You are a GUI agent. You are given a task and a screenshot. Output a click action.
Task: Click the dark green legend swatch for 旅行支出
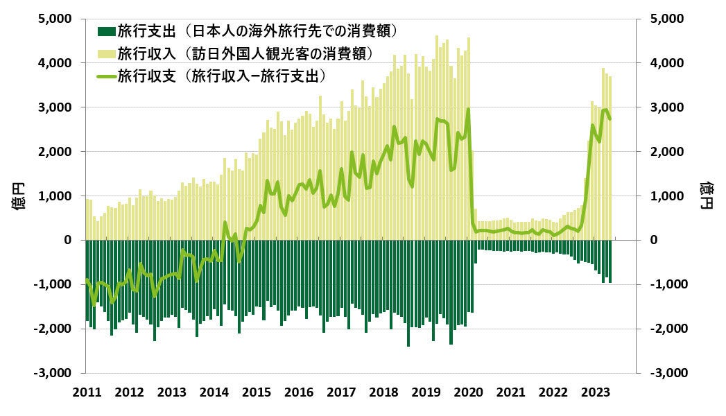click(106, 31)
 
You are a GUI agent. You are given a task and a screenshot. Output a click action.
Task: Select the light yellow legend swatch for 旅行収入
click(106, 53)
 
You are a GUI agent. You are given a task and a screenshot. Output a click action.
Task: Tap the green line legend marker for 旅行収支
click(106, 75)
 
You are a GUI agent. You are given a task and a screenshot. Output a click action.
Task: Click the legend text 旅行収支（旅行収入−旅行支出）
click(222, 75)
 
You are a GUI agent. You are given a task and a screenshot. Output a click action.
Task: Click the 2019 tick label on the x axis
click(426, 392)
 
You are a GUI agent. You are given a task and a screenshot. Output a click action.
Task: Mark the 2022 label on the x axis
click(554, 392)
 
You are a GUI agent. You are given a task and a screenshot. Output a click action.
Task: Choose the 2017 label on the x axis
click(341, 392)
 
